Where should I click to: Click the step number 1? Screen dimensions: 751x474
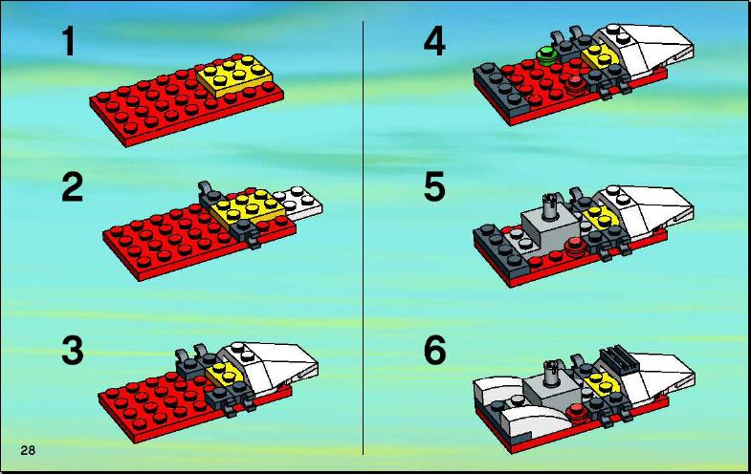pyautogui.click(x=69, y=42)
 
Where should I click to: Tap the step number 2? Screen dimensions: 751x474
pyautogui.click(x=73, y=187)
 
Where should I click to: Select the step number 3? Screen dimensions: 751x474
pyautogui.click(x=73, y=351)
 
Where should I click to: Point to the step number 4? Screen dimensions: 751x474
pyautogui.click(x=434, y=42)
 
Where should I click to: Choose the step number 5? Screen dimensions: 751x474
pyautogui.click(x=434, y=187)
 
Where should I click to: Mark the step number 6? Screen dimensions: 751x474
pyautogui.click(x=435, y=351)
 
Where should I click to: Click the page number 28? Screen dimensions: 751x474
pyautogui.click(x=28, y=450)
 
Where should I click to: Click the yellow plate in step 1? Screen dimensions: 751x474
pyautogui.click(x=234, y=75)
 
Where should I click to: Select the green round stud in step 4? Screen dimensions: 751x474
pyautogui.click(x=546, y=55)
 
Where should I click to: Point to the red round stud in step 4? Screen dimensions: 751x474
pyautogui.click(x=574, y=84)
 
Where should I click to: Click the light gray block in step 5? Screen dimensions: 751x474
pyautogui.click(x=551, y=227)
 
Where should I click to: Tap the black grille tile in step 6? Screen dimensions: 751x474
pyautogui.click(x=617, y=358)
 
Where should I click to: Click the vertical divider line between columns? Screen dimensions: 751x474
pyautogui.click(x=363, y=238)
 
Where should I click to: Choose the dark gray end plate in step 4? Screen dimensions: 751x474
pyautogui.click(x=498, y=85)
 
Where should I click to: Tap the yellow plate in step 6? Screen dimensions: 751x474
pyautogui.click(x=603, y=382)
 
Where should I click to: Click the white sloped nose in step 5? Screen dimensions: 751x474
pyautogui.click(x=648, y=210)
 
